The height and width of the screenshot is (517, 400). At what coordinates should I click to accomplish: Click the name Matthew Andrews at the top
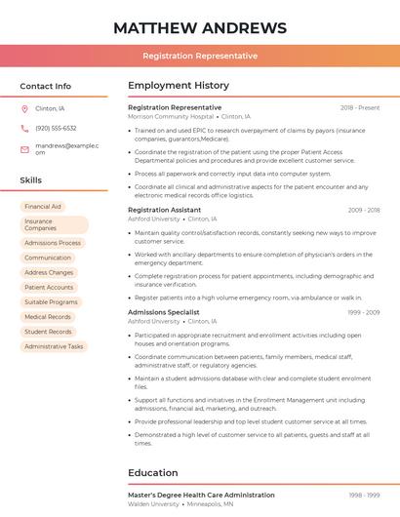(199, 27)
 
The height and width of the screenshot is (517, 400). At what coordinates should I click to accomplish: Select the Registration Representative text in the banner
(199, 56)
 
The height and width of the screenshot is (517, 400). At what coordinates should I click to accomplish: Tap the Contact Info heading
(46, 86)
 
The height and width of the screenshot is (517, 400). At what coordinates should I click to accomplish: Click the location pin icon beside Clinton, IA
(24, 109)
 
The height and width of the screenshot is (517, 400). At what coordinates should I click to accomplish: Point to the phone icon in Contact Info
(24, 128)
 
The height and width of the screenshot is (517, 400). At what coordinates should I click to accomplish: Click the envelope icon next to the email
(24, 148)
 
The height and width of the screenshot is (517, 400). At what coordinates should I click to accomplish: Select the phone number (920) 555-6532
(56, 128)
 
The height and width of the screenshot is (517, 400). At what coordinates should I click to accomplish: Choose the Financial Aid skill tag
(43, 207)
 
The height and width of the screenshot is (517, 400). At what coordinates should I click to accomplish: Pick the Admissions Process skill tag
(53, 243)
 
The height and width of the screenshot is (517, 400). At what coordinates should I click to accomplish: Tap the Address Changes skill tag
(49, 272)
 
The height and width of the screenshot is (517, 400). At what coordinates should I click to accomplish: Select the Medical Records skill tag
(48, 317)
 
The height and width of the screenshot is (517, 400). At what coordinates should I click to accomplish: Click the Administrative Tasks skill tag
(54, 346)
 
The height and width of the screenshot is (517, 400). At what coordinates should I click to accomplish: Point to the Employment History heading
(179, 86)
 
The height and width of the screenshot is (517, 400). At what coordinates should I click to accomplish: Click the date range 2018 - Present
(360, 107)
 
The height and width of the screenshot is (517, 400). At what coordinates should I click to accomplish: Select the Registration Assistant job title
(164, 210)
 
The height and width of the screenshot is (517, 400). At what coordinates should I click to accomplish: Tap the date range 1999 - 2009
(363, 312)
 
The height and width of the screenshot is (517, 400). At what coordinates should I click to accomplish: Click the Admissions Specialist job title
(163, 312)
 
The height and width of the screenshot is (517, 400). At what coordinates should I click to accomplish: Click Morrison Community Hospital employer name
(170, 116)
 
